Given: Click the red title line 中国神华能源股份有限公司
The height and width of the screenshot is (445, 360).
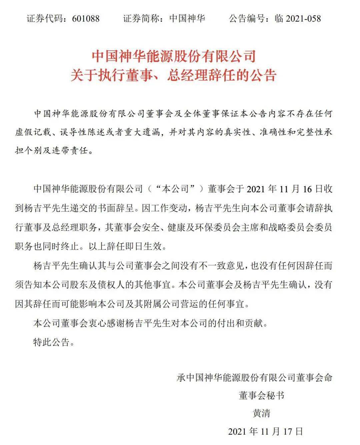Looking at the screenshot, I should [x=173, y=56].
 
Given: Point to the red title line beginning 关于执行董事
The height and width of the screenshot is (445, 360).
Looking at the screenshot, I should [x=173, y=75].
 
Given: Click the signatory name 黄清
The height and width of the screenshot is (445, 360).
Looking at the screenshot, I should [x=262, y=414].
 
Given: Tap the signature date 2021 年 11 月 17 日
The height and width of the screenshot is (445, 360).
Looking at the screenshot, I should [x=266, y=431].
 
